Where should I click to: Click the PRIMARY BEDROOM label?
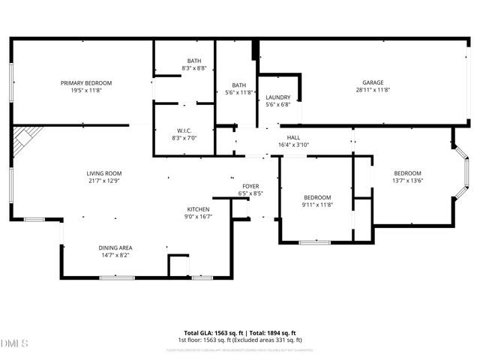pos(86,82)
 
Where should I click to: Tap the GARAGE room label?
pos(373,82)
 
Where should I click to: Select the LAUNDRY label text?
pos(277,97)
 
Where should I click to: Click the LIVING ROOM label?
pos(103,173)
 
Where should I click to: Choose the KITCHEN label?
pos(198,209)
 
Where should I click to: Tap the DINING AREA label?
pos(115,247)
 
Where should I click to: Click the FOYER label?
pos(250,186)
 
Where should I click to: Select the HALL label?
pos(293,137)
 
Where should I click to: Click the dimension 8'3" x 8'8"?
pos(194,68)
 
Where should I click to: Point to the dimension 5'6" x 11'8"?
pos(240,92)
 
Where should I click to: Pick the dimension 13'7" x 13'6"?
pos(408,180)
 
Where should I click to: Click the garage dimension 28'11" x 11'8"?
pos(373,90)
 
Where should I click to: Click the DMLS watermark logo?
pos(15,343)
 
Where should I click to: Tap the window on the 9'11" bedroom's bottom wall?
pos(314,242)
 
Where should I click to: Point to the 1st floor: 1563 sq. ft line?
pos(240,340)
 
